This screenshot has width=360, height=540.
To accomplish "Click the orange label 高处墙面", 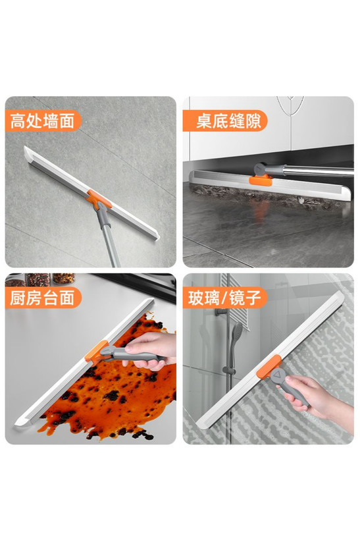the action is click(x=43, y=121).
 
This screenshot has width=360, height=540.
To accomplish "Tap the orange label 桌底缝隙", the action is click(x=225, y=121).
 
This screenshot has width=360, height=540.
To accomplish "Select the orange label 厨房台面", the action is click(x=43, y=298).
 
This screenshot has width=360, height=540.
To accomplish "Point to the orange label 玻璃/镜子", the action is click(x=225, y=298).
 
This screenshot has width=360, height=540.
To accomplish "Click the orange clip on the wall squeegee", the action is click(x=99, y=199).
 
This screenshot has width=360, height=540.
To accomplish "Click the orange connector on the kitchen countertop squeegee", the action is click(x=97, y=352).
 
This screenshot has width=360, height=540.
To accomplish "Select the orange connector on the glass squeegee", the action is click(x=269, y=367).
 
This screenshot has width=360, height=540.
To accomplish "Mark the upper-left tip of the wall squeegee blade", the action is click(x=24, y=147).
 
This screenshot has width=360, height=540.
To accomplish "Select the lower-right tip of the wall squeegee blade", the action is click(x=159, y=237).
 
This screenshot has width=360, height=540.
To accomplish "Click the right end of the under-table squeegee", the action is click(x=348, y=195).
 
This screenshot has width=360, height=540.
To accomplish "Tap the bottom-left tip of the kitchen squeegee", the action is click(x=16, y=425).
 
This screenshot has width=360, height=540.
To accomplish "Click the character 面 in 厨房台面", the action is click(x=66, y=298).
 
